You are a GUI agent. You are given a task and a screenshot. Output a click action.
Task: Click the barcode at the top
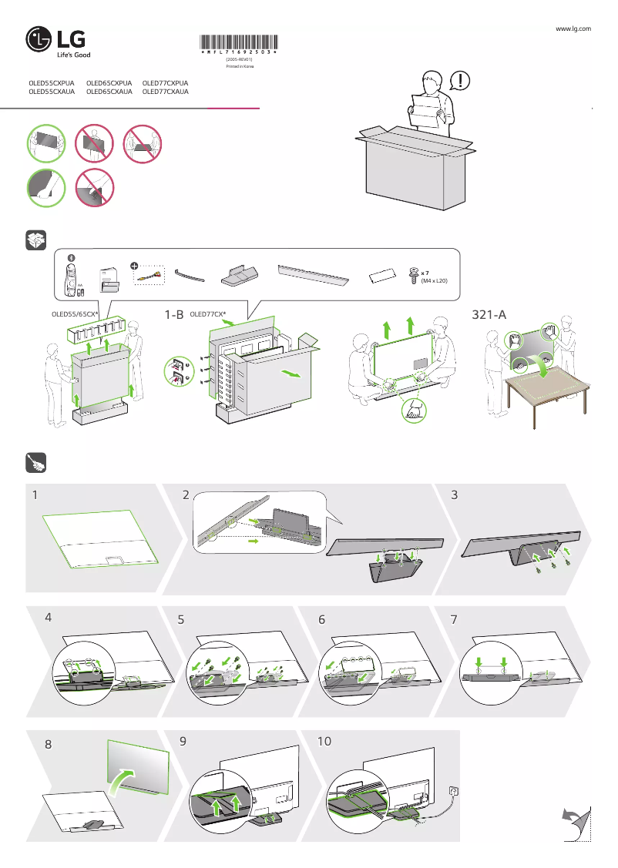click(239, 43)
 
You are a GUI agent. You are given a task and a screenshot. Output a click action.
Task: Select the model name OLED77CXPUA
click(166, 82)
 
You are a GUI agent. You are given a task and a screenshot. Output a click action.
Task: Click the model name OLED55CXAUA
click(52, 92)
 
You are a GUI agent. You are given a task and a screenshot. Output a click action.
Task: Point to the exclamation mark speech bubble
click(459, 79)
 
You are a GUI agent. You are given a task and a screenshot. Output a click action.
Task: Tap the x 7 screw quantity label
click(425, 273)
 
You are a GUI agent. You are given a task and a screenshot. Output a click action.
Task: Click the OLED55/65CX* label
click(73, 314)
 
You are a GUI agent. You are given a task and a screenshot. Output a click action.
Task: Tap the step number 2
click(186, 496)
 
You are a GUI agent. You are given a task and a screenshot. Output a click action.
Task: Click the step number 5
click(182, 618)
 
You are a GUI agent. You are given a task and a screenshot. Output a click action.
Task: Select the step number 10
click(324, 741)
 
